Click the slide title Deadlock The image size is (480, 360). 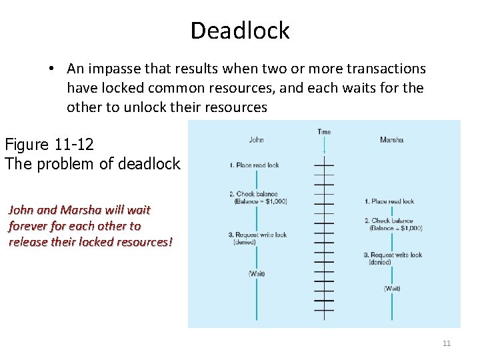coord(240,31)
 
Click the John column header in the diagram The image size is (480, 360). coord(256,140)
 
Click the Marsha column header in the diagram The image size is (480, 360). coord(391,140)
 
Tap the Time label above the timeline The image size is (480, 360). coord(324,132)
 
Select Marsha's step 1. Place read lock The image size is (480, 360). coord(389,201)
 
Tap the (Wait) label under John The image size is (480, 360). coord(257,274)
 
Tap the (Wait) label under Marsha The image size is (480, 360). coord(392,289)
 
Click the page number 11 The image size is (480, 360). coord(447,343)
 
